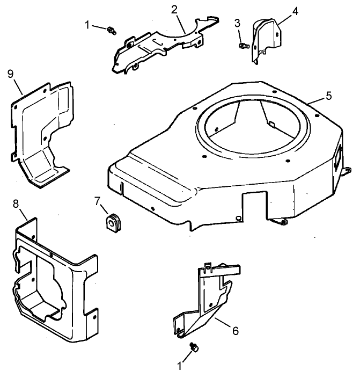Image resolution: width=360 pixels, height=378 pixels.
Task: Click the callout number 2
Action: [x=174, y=9]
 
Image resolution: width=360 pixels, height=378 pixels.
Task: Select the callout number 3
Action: [x=237, y=22]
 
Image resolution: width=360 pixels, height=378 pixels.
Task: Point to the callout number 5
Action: [x=329, y=96]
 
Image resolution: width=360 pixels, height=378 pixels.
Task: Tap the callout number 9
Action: [x=10, y=73]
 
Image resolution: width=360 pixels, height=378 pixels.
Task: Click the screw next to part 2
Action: [x=112, y=30]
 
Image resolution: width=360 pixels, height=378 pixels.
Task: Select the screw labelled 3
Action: [x=243, y=46]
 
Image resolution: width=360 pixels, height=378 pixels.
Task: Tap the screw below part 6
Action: [x=194, y=348]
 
